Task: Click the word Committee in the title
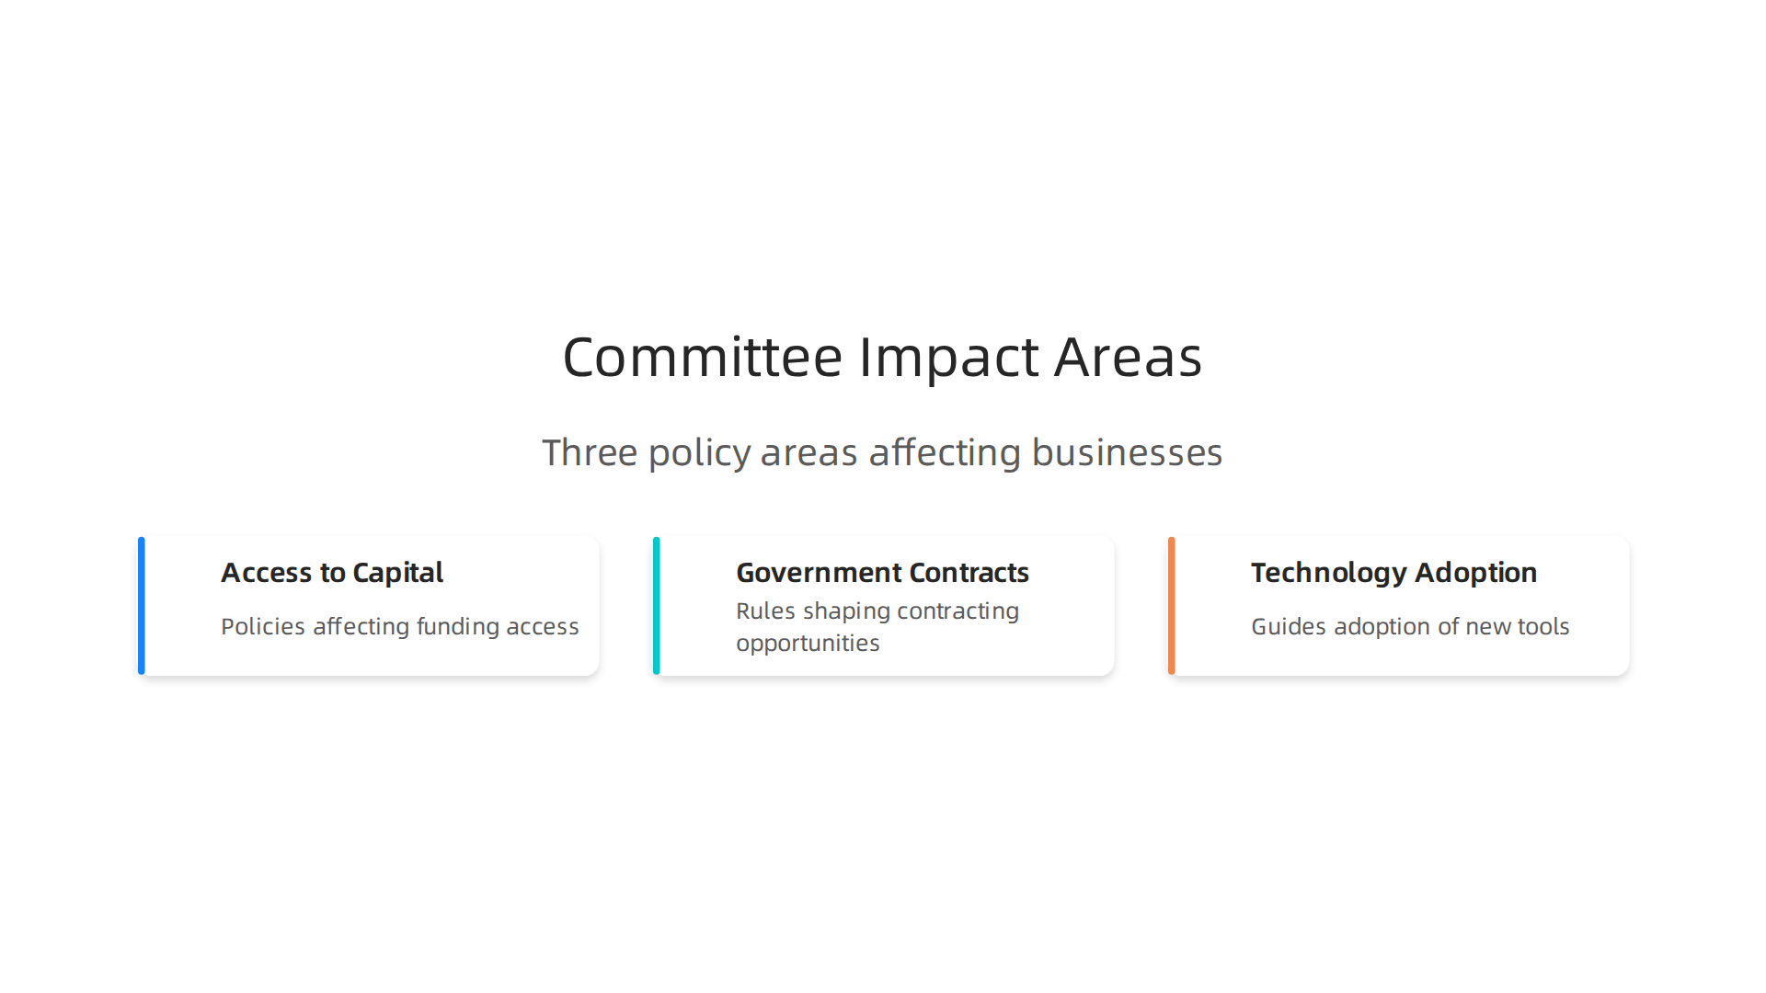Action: click(703, 357)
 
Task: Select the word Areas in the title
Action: click(1128, 357)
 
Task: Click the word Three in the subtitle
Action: click(590, 452)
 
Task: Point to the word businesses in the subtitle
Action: click(1127, 452)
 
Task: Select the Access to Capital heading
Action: click(332, 573)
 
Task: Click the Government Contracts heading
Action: click(882, 573)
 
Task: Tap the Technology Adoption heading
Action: click(1393, 573)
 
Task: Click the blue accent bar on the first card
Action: click(142, 606)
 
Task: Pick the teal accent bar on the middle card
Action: click(657, 606)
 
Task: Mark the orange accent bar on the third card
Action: click(1172, 606)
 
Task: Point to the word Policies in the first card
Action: click(263, 627)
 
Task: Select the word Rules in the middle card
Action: click(765, 611)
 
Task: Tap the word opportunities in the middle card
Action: click(808, 644)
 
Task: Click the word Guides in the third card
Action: click(1289, 627)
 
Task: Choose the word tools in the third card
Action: click(1544, 627)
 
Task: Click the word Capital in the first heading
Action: click(397, 573)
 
